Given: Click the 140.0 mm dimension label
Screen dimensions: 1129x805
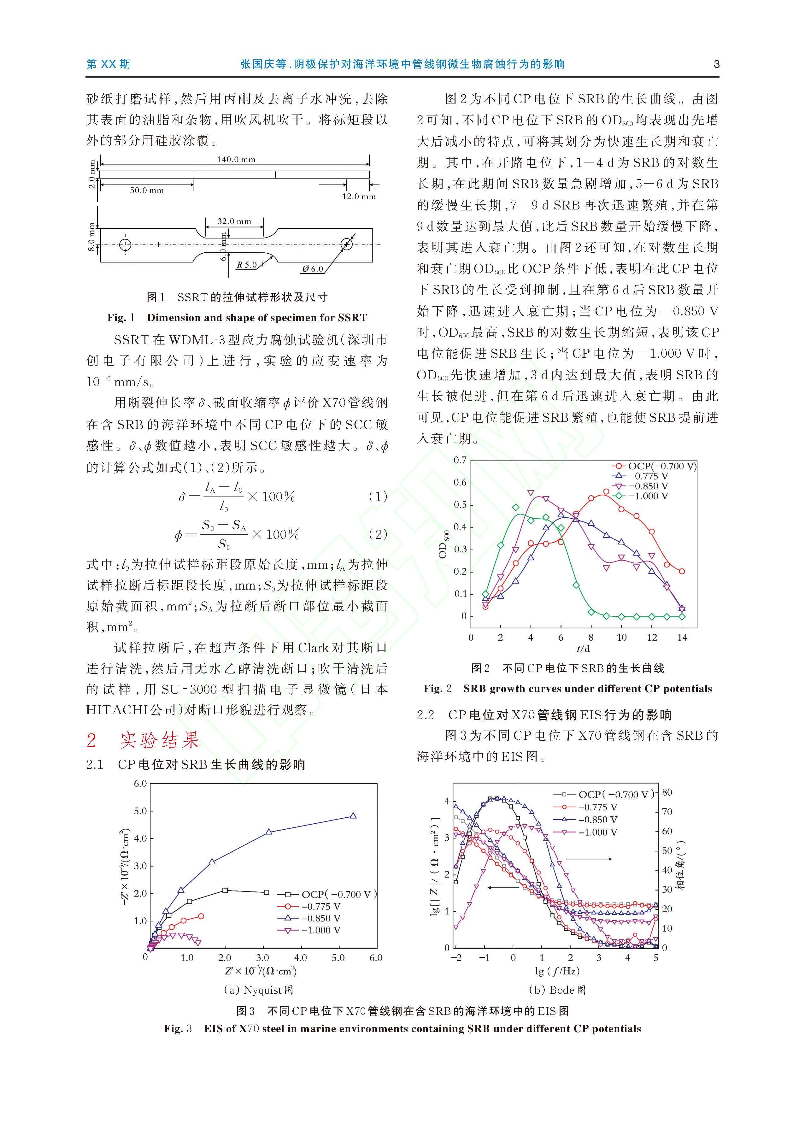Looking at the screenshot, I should click(x=236, y=160).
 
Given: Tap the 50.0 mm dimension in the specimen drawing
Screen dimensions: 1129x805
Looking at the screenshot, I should click(x=147, y=190).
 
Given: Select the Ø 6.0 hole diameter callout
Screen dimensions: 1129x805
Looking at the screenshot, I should click(x=312, y=269).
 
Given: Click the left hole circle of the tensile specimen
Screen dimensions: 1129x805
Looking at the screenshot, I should click(x=126, y=244).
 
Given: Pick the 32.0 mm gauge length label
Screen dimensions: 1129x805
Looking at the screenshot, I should click(x=234, y=221).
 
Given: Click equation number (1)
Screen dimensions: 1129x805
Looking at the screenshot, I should click(x=378, y=496).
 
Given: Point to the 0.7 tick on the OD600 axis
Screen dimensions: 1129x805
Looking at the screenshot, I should click(x=460, y=461).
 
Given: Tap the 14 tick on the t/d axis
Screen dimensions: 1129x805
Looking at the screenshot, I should click(x=682, y=637).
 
